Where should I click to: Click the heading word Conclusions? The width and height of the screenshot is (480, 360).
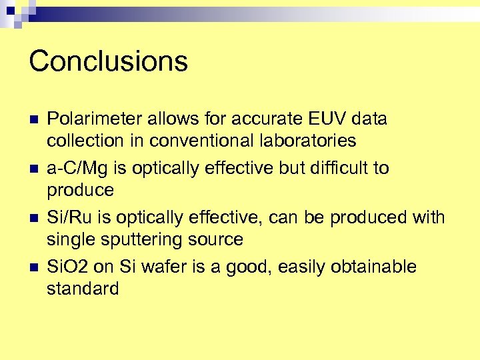[108, 61]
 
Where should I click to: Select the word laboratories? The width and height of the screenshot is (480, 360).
[303, 141]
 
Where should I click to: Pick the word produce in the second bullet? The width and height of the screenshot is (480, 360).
[80, 191]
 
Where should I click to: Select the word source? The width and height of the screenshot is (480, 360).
[214, 239]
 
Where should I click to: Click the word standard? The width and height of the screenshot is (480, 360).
[83, 289]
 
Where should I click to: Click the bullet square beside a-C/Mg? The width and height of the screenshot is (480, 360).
[34, 169]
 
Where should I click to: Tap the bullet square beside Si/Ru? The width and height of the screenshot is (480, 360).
[34, 219]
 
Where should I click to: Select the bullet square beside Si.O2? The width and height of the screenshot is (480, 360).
[34, 268]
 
